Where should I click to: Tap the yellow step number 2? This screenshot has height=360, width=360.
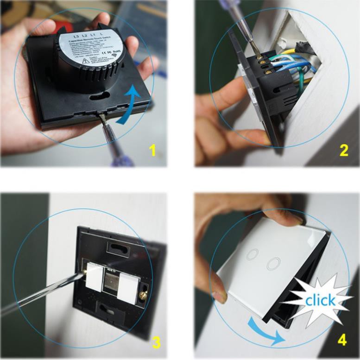(x=344, y=151)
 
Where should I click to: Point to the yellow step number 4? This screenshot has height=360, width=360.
(x=342, y=340)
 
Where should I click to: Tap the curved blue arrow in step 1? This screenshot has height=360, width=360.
(x=132, y=104)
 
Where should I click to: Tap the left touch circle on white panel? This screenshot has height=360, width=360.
(x=253, y=253)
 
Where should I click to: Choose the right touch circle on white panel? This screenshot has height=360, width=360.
(x=273, y=263)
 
